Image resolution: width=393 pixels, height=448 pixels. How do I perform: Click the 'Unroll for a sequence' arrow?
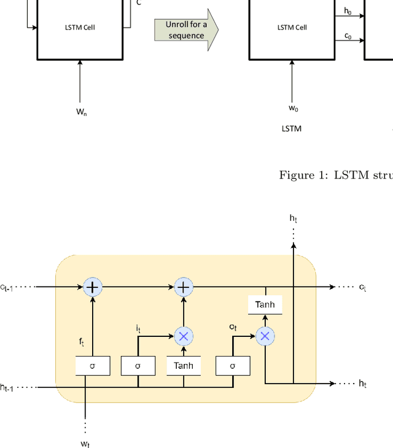[x=185, y=29]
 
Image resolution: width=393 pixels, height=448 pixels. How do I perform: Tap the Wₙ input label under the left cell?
[x=81, y=112]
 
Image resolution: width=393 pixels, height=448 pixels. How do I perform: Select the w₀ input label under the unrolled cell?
[x=293, y=109]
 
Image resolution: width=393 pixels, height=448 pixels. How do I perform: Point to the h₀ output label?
[x=348, y=10]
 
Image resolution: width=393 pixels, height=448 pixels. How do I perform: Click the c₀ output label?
[x=348, y=36]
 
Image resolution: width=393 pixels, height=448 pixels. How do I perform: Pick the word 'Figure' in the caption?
[x=297, y=176]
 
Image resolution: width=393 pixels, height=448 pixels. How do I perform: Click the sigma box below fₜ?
[x=93, y=366]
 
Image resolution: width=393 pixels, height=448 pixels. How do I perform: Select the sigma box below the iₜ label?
[x=138, y=366]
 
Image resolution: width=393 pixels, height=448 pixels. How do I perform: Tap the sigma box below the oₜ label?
[x=233, y=366]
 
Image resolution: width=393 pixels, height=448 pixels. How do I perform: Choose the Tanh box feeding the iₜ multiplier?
[x=183, y=366]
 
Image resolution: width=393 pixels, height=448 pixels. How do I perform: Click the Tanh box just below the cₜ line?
[x=265, y=305]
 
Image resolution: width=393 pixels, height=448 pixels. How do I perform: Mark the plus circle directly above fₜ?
[x=93, y=287]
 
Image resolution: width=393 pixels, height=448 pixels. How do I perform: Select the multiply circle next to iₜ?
[x=183, y=336]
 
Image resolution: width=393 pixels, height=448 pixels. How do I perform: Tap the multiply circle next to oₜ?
[x=265, y=336]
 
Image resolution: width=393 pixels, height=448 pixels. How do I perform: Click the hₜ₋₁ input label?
[x=9, y=387]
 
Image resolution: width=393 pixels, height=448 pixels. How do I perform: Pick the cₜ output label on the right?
[x=362, y=287]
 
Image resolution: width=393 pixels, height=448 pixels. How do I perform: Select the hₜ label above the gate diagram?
[x=294, y=218]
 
